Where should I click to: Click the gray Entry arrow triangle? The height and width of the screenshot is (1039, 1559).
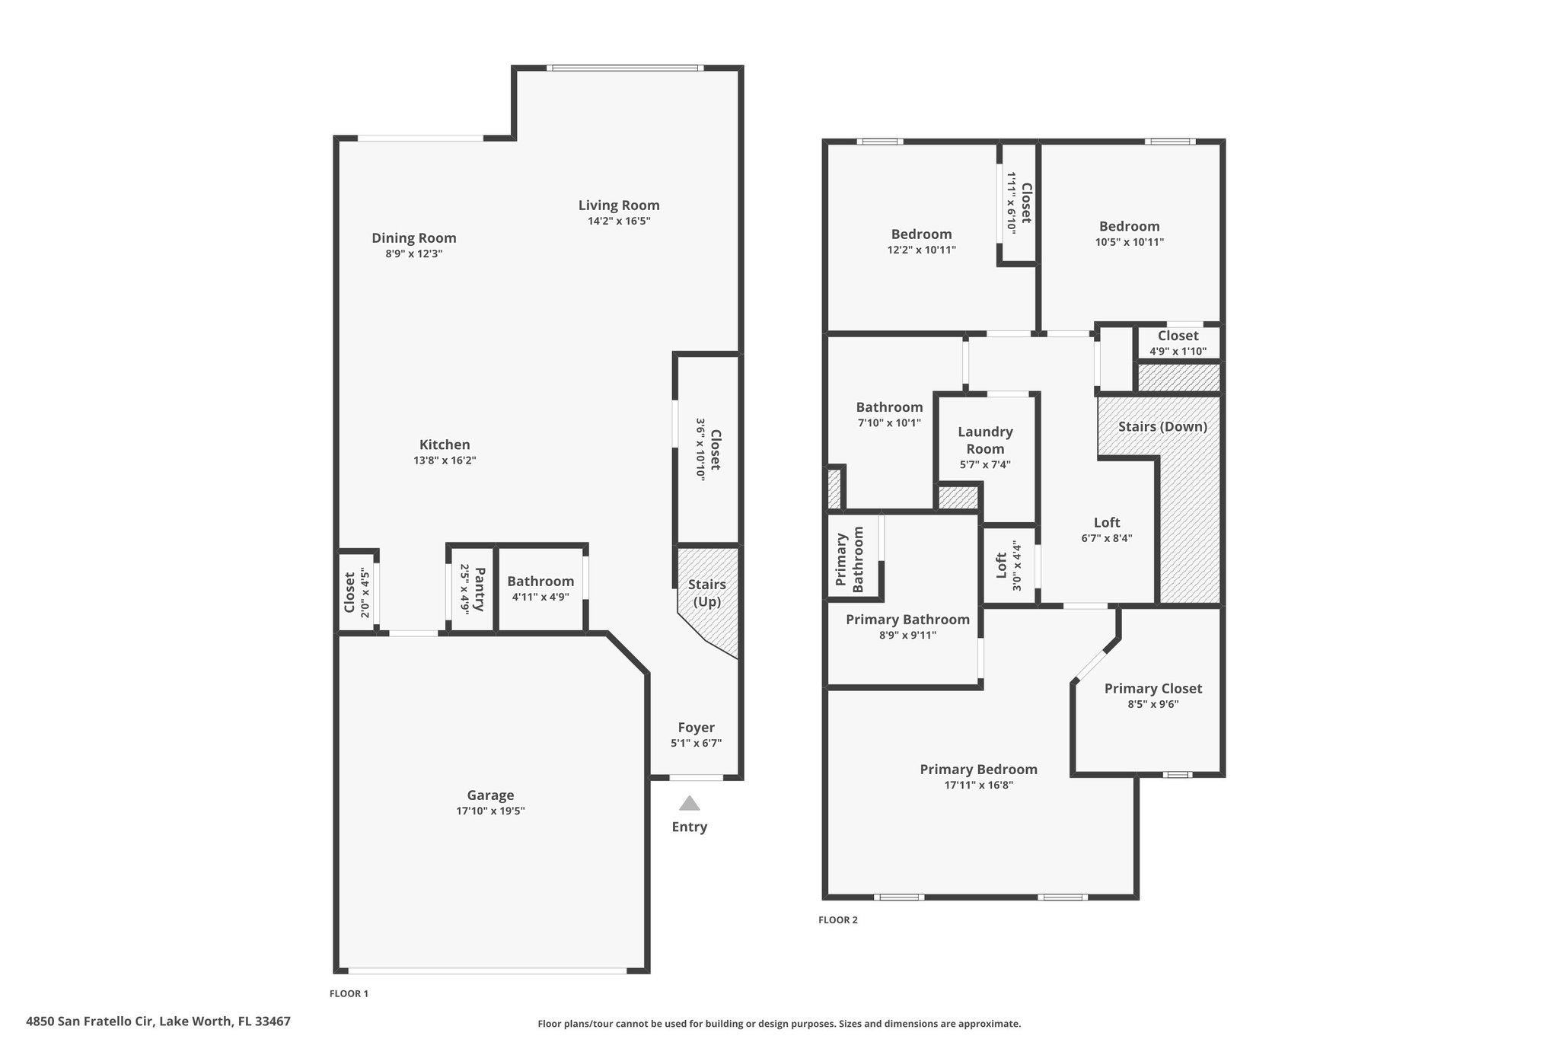[689, 803]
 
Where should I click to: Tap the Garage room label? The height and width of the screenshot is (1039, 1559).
[490, 795]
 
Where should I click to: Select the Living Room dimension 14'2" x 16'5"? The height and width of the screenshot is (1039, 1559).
[619, 222]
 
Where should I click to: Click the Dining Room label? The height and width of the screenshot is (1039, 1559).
[414, 238]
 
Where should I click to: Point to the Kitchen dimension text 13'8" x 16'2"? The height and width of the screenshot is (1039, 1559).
[445, 461]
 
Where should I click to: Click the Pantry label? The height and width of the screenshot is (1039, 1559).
[479, 588]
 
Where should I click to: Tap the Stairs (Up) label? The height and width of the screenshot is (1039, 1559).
[706, 593]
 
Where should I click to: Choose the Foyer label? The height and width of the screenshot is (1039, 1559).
[697, 728]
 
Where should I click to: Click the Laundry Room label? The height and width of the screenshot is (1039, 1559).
[985, 440]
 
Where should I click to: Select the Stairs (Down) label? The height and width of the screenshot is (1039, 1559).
[1162, 426]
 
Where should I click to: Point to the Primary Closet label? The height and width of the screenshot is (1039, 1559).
[1153, 689]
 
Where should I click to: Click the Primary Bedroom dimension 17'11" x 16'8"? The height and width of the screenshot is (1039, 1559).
[978, 786]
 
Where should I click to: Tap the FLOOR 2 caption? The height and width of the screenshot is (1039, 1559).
[837, 919]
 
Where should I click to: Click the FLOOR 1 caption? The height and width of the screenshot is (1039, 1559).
[349, 993]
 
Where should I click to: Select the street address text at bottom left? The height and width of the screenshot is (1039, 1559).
[158, 1021]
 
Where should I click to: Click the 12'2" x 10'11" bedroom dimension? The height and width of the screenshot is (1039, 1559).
[921, 250]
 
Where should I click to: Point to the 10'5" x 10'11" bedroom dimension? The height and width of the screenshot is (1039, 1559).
[1129, 242]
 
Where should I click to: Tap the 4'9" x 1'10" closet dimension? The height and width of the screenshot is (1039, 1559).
[1178, 351]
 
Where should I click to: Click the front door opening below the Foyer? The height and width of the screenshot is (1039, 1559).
[696, 777]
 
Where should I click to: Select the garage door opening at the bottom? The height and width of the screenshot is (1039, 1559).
[487, 970]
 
